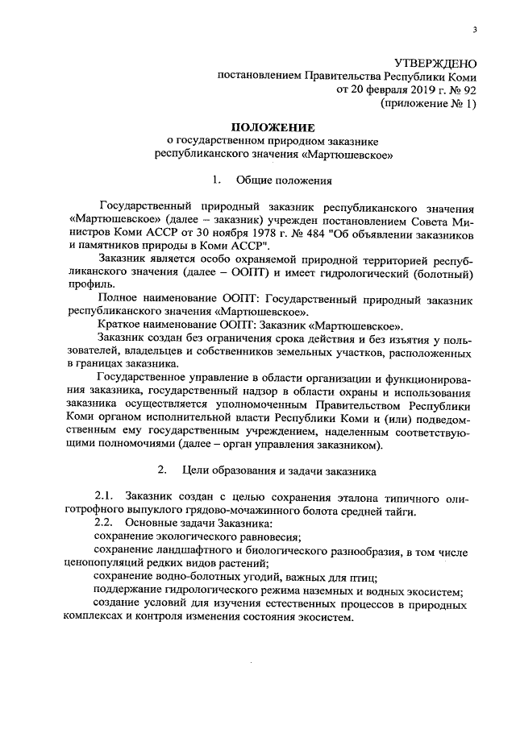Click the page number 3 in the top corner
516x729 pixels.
click(474, 30)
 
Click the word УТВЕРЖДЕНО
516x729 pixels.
click(435, 62)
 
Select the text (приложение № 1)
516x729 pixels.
click(428, 103)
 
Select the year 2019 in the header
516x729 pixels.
click(401, 89)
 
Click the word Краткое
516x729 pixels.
click(121, 325)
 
